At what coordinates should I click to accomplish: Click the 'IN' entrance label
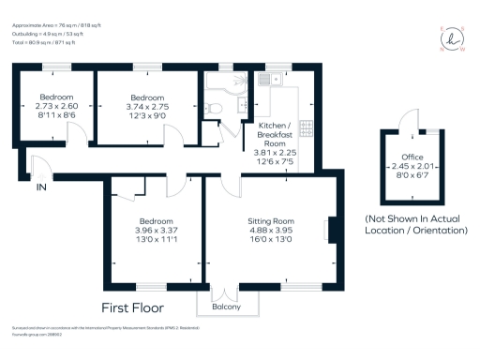coord(40,187)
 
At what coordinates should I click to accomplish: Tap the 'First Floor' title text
coord(133,307)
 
